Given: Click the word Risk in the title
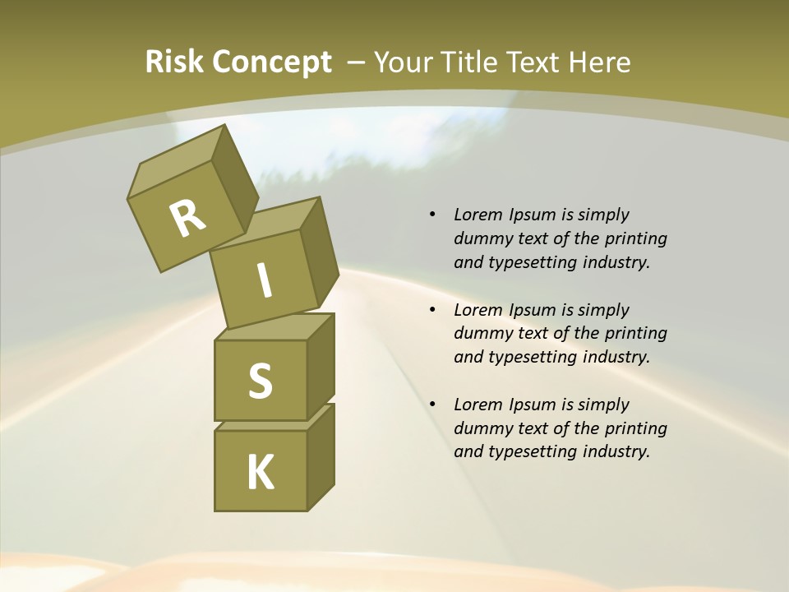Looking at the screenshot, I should click(x=173, y=62).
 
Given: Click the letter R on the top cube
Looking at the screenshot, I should click(x=187, y=218).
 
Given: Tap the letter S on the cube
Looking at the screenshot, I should click(x=260, y=381).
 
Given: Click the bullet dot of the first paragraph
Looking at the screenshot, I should click(x=432, y=215).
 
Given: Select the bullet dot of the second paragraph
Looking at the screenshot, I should click(x=432, y=310).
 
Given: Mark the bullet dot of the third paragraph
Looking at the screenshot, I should click(x=432, y=405).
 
